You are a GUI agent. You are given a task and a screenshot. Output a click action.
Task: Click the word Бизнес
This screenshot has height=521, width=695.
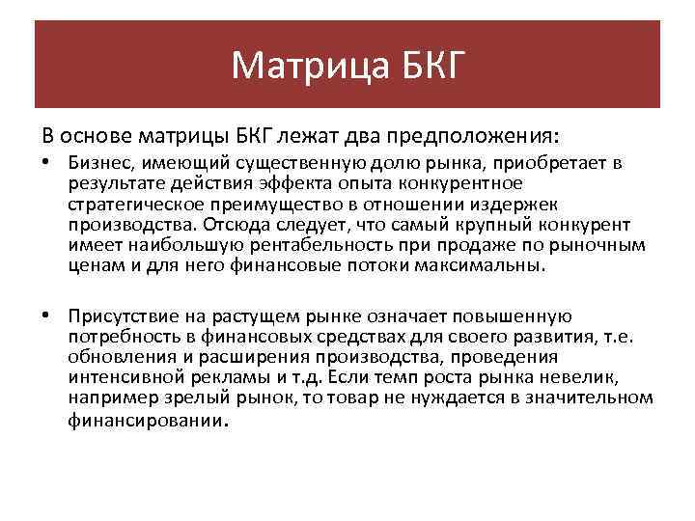point(96,163)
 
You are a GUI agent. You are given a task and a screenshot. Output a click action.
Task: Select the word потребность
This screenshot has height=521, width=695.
point(120,336)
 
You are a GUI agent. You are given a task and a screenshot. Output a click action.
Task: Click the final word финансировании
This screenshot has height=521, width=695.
point(145,421)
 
